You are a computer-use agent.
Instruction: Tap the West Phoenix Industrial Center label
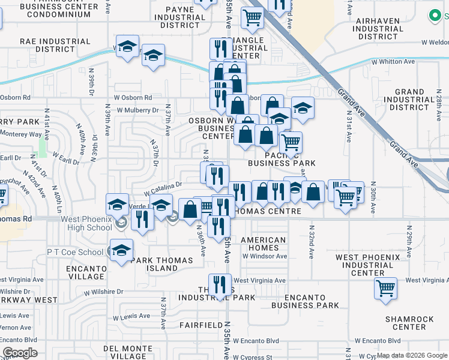tap(368, 265)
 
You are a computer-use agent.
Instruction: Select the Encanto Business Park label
tap(304, 301)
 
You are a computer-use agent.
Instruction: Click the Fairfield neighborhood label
tap(201, 325)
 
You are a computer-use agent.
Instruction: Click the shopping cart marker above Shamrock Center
tap(385, 288)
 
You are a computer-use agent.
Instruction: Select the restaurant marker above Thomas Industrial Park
tap(220, 284)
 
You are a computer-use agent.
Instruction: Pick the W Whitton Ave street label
tap(393, 62)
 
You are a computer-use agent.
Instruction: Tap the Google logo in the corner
tap(20, 353)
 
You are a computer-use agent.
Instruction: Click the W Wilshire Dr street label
tap(103, 292)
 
